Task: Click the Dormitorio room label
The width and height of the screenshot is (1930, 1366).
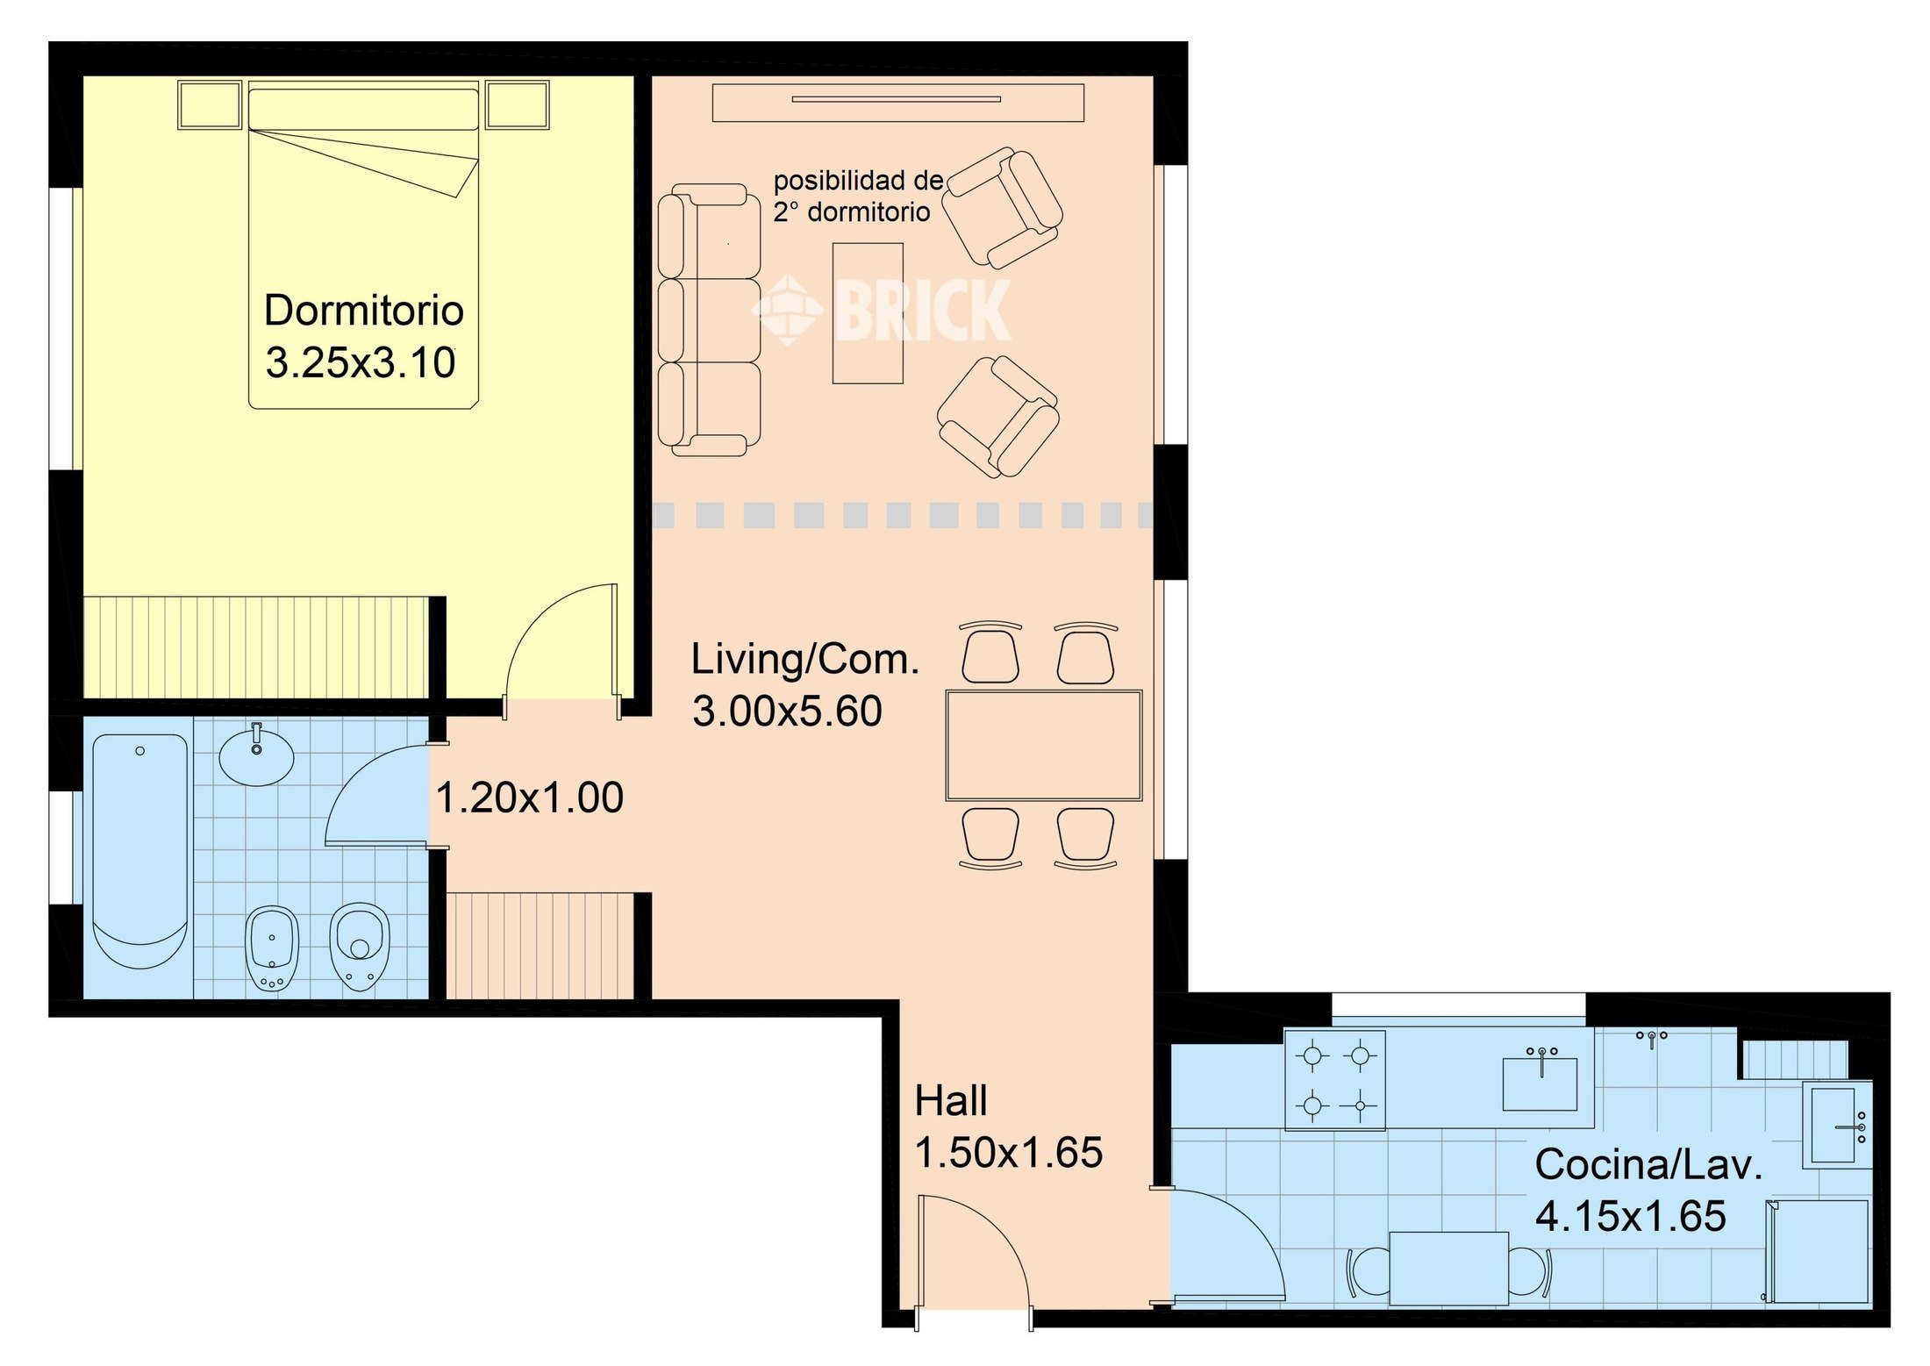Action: [364, 311]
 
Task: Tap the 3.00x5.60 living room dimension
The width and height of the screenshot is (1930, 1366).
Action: [787, 711]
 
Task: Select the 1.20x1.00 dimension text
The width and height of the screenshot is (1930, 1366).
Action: [529, 797]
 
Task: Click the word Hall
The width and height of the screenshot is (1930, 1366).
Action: [951, 1100]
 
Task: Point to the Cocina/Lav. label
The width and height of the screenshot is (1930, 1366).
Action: [1648, 1165]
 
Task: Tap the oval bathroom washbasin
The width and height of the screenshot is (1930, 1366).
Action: [256, 756]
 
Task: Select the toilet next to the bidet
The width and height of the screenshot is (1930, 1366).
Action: [360, 946]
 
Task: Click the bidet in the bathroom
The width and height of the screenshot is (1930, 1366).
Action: [272, 948]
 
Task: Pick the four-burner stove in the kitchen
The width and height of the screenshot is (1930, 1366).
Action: [1335, 1080]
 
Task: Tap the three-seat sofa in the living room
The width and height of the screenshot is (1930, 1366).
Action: [709, 319]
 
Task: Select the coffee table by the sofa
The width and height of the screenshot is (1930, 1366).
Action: [868, 313]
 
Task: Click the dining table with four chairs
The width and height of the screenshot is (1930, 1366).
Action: [1044, 746]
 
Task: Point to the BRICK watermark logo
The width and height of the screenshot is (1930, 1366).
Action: [882, 310]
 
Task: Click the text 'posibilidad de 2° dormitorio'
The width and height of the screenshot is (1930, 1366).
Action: [858, 197]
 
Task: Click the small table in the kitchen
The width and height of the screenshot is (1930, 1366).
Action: [1449, 1269]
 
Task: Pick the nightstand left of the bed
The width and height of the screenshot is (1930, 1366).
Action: [210, 105]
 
